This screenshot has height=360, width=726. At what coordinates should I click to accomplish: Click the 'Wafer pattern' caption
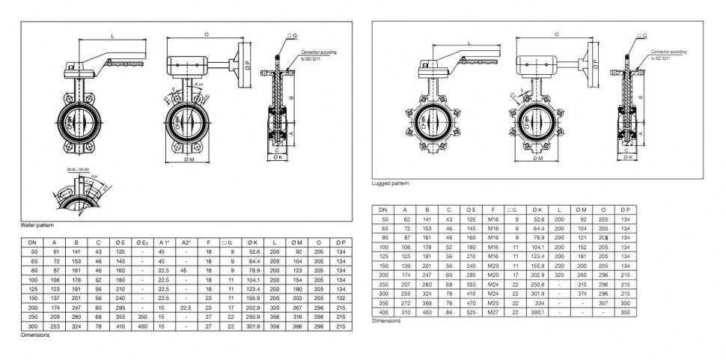37,225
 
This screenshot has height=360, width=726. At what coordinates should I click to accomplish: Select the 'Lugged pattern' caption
391,183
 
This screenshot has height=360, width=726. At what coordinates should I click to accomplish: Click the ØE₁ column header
140,242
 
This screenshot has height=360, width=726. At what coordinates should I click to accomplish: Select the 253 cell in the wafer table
55,326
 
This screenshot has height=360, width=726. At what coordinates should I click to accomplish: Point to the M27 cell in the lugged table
492,311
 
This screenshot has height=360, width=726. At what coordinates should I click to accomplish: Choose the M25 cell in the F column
492,302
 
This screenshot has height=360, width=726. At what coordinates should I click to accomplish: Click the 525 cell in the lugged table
470,311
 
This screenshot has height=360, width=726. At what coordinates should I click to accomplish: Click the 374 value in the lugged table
580,294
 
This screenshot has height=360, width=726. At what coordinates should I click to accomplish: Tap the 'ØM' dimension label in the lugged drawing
537,158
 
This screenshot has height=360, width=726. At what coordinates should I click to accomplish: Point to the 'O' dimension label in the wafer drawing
207,34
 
